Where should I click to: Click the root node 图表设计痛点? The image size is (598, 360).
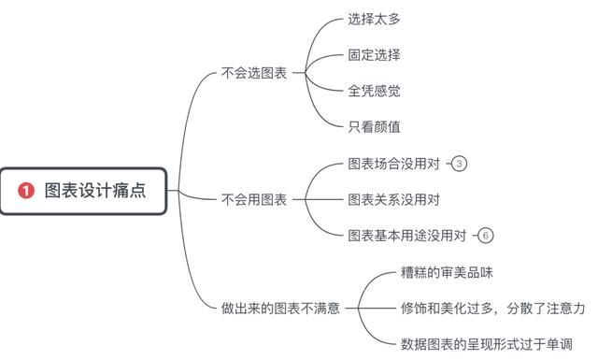pos(84,191)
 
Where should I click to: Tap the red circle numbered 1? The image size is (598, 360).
pos(26,191)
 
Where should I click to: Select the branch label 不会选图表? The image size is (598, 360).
pos(254,72)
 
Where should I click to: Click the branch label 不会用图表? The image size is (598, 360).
pos(254,199)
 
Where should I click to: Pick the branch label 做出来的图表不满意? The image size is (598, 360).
pos(280,307)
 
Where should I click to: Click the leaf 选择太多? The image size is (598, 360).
pos(375,18)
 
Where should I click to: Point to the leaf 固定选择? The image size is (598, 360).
pos(375,54)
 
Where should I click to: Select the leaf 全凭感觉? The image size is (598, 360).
pos(375,90)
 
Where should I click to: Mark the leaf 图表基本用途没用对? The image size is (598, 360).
pos(407,235)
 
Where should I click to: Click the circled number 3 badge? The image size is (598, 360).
pos(459,164)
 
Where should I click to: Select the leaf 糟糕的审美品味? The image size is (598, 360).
pos(447,272)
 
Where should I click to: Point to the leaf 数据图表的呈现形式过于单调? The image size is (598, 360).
pos(486,342)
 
